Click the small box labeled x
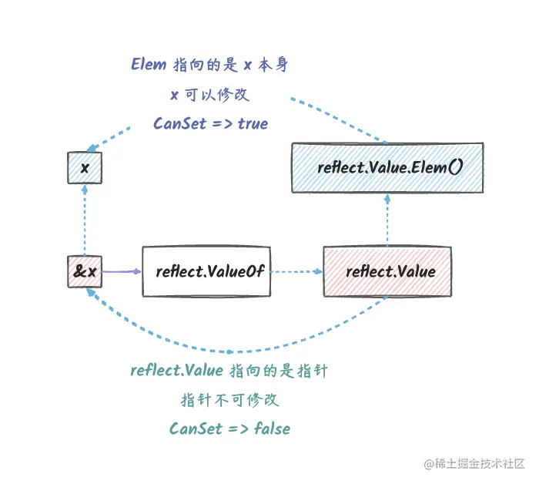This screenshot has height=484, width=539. tap(85, 168)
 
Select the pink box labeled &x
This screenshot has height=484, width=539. tap(85, 271)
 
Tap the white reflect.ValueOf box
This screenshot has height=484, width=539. tap(206, 271)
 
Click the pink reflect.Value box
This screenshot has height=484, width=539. tap(387, 271)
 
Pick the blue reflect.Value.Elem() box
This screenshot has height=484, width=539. tap(387, 167)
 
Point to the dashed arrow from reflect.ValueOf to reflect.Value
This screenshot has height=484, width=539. tap(296, 271)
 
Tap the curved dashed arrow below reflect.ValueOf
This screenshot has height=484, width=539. tap(231, 349)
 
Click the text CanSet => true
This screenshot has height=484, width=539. tap(210, 123)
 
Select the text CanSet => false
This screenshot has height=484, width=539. tap(229, 429)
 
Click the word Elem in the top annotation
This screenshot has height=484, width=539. tap(149, 65)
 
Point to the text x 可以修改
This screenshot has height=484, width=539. tap(209, 94)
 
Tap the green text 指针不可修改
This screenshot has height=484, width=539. tap(229, 400)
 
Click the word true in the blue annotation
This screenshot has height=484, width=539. tap(253, 123)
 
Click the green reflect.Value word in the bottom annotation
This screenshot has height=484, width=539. tap(177, 371)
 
